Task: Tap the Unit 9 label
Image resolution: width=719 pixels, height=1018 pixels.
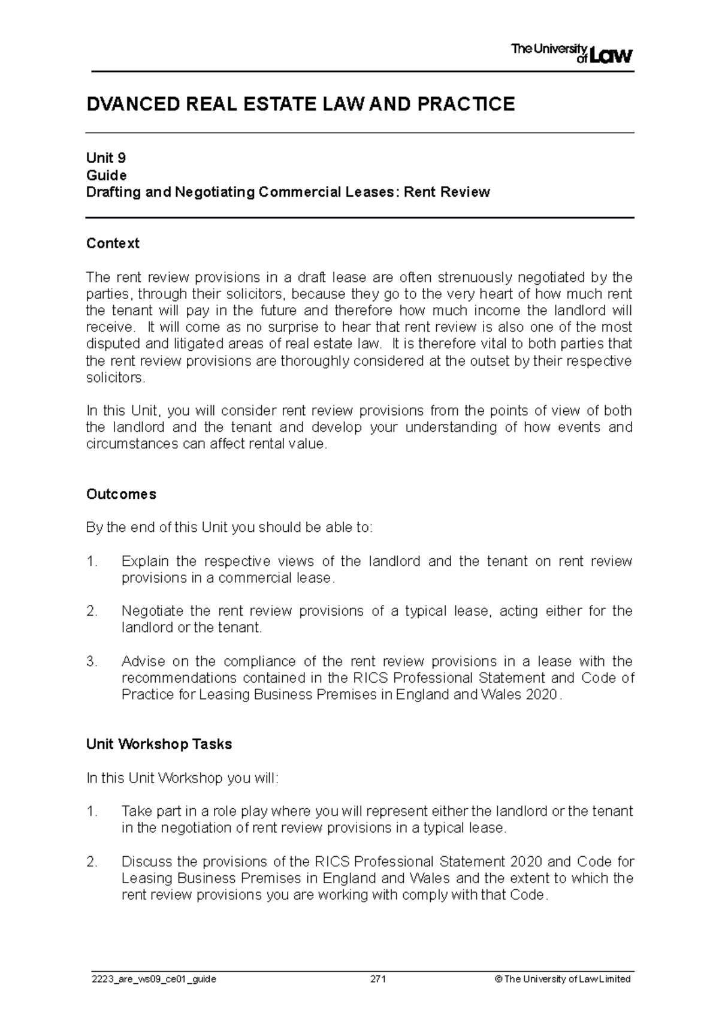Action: [106, 158]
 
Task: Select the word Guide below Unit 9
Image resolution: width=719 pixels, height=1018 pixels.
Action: [106, 175]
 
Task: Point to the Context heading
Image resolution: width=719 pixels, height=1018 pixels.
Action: [113, 243]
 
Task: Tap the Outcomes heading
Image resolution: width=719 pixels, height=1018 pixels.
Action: [121, 494]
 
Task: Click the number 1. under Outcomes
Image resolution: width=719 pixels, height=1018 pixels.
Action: [91, 562]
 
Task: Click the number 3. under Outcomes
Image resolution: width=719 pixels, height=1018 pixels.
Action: [91, 662]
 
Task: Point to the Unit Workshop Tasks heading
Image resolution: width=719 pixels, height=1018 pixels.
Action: [159, 745]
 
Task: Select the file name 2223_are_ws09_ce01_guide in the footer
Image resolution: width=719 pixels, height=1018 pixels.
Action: [151, 980]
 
